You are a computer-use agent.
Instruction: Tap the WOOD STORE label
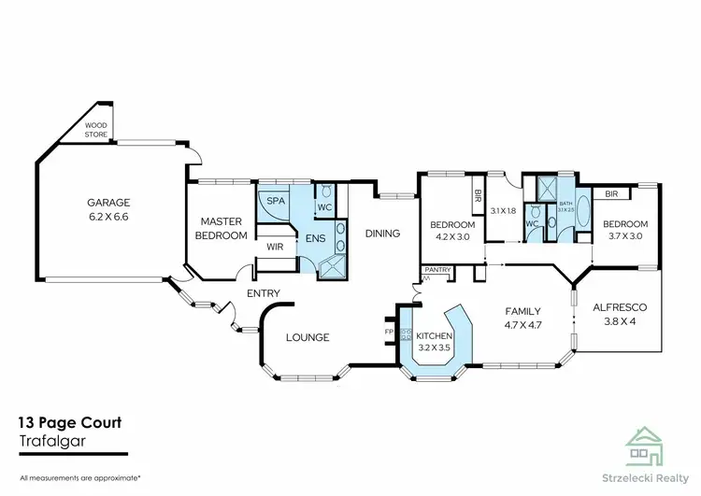(96, 129)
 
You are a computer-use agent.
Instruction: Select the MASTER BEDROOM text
(222, 229)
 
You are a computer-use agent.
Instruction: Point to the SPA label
(276, 202)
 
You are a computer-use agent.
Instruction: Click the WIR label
(275, 248)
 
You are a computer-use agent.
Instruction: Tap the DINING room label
(382, 234)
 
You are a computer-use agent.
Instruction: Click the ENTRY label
(264, 293)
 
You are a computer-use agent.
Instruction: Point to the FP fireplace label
(389, 331)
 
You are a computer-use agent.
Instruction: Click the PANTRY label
(437, 270)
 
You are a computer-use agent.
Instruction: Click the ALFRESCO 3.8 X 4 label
(621, 315)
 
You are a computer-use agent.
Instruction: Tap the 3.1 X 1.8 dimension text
(503, 211)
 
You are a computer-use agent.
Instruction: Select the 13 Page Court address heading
(70, 423)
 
